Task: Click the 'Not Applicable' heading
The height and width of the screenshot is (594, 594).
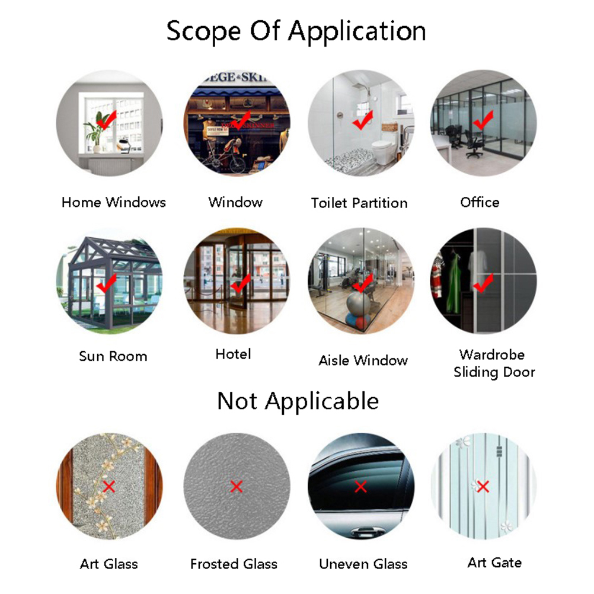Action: (298, 401)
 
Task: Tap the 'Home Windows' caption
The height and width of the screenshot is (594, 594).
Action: (114, 202)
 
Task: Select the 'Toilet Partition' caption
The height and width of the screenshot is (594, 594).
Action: (359, 203)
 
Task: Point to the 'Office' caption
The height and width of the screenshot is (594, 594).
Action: (480, 202)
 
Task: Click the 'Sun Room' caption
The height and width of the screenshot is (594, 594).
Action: (113, 356)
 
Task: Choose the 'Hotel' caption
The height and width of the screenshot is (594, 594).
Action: (233, 354)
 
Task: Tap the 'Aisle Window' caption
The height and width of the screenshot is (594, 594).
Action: (363, 360)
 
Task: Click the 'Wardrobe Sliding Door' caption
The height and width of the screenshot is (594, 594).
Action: (494, 363)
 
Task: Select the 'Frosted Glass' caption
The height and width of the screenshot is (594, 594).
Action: (234, 564)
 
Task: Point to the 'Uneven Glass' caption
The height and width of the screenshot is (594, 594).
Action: (363, 564)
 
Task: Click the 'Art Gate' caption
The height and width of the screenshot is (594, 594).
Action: (494, 563)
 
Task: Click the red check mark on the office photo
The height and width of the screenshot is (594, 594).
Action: (483, 120)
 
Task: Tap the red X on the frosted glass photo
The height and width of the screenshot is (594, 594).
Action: (237, 487)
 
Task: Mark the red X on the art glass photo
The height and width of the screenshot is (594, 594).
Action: (109, 487)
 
